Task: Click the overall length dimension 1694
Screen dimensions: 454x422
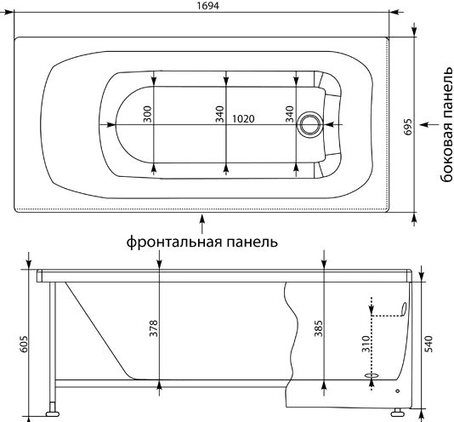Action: [x=208, y=5]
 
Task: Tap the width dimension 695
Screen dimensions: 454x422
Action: [x=408, y=127]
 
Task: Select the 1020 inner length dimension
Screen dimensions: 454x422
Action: [x=243, y=118]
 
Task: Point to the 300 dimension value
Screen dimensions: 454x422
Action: [x=147, y=114]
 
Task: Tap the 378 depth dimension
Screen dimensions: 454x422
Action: [x=153, y=328]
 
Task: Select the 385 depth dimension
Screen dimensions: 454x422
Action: [x=319, y=328]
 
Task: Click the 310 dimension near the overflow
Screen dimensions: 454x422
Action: [x=366, y=344]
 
